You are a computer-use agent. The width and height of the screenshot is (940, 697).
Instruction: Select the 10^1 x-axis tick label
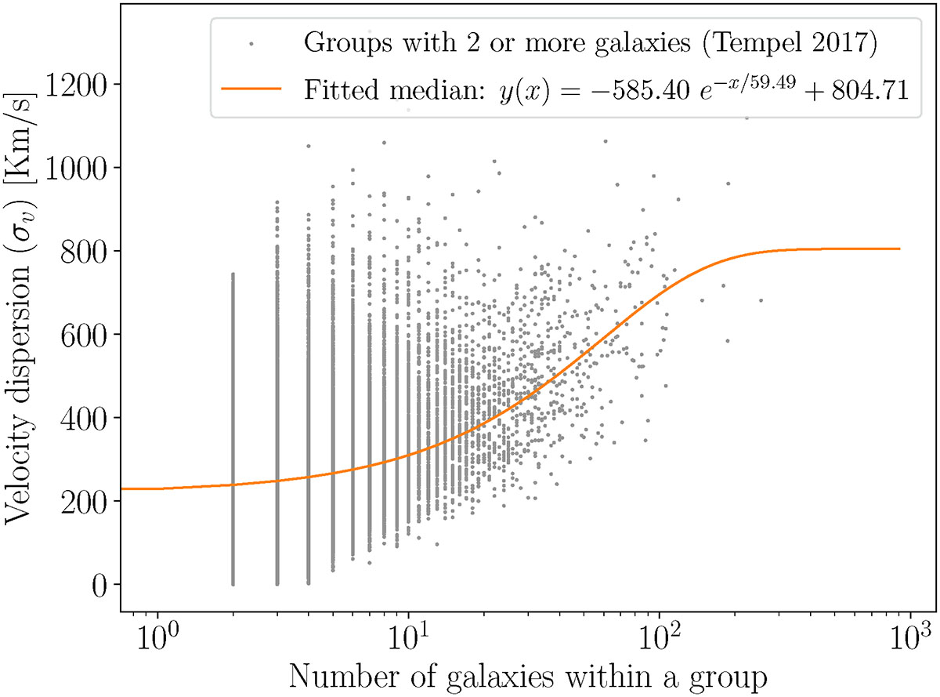point(409,633)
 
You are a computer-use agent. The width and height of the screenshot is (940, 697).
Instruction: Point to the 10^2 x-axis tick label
point(660,633)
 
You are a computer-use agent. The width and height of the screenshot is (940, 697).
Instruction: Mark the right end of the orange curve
point(898,249)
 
